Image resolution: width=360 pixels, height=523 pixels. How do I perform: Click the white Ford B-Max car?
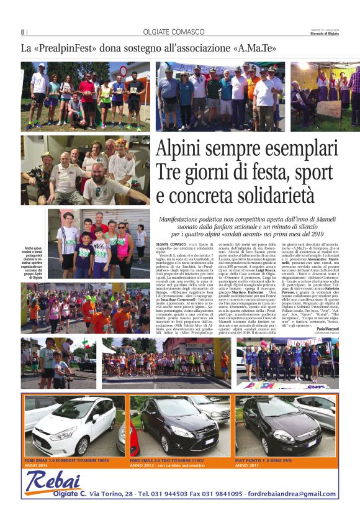click(x=74, y=428)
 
